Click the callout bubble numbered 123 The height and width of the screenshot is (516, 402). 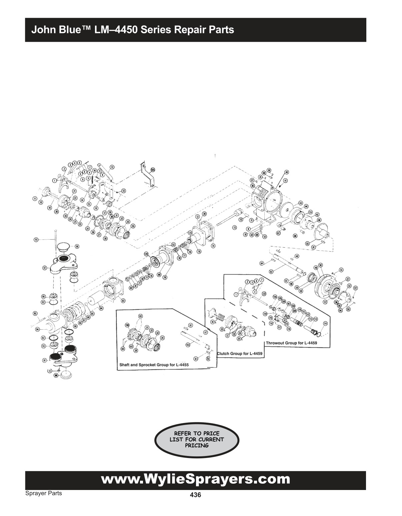click(153, 169)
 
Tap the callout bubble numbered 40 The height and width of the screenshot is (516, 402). click(286, 172)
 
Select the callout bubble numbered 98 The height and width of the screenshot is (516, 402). click(77, 247)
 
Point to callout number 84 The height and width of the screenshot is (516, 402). click(101, 309)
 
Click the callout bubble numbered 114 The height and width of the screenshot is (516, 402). click(325, 324)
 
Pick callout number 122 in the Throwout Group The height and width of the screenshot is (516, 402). click(264, 293)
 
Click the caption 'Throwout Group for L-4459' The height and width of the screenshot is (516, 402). click(291, 343)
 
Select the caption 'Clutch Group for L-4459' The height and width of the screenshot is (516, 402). click(240, 353)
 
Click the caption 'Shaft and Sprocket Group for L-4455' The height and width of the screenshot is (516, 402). click(154, 365)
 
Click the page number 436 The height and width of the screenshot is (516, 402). click(195, 495)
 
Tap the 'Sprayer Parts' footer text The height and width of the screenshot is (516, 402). click(43, 493)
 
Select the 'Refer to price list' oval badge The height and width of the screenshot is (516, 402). click(197, 439)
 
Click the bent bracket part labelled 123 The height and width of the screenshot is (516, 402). click(147, 175)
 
